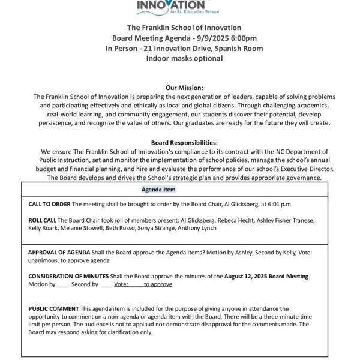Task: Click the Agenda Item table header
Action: pyautogui.click(x=158, y=190)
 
